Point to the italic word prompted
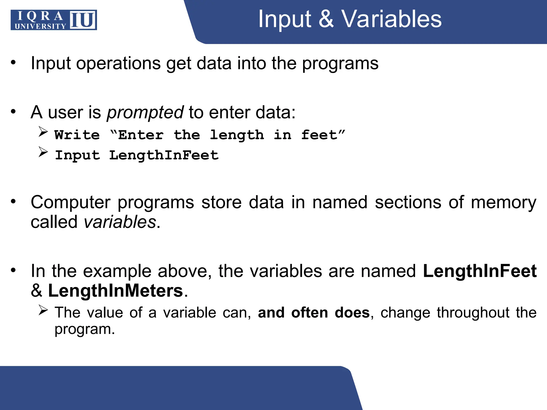tap(145, 112)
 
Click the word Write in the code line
tap(77, 135)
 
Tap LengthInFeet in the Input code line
tap(164, 155)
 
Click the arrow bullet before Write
tap(43, 132)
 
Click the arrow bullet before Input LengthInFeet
tap(43, 152)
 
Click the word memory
tap(503, 202)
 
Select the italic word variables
tap(120, 222)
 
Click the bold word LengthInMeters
tap(115, 291)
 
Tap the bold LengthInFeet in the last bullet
tap(480, 271)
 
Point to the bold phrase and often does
tap(314, 313)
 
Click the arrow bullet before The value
tap(43, 310)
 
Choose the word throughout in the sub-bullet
tap(473, 313)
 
